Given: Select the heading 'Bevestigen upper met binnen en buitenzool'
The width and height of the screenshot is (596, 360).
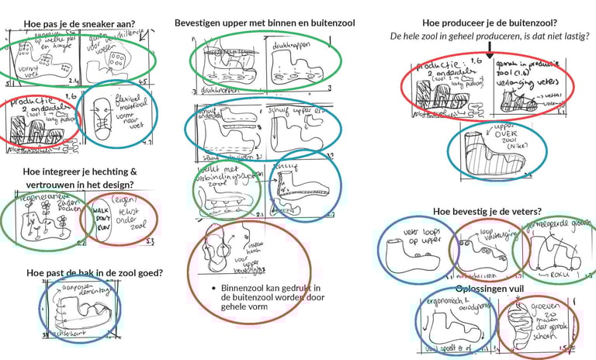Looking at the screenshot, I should pos(265,23).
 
